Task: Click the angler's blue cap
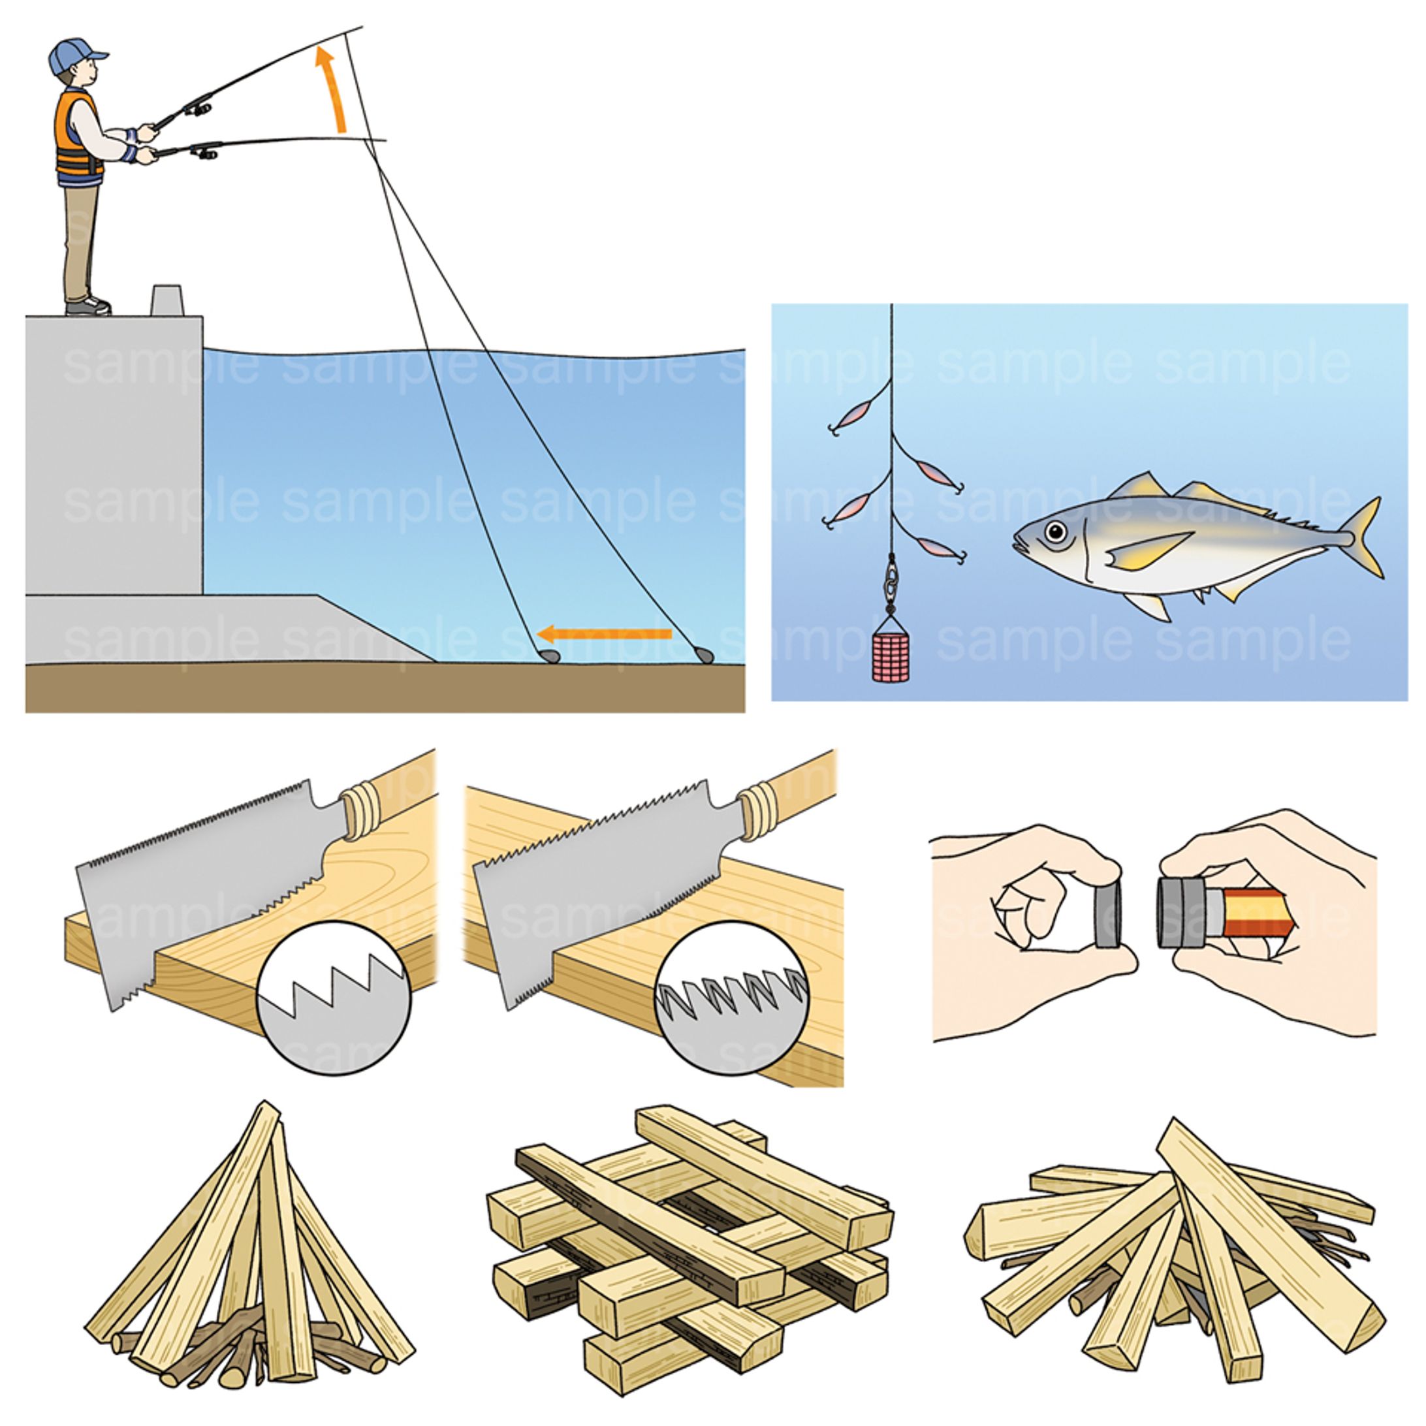75,55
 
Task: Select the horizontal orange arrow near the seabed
604,633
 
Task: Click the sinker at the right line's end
702,654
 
